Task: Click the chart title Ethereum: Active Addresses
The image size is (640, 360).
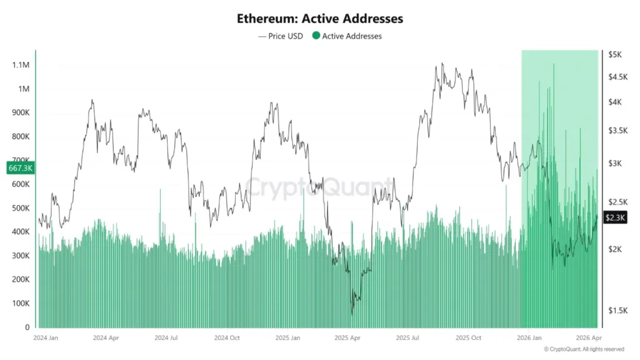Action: tap(319, 19)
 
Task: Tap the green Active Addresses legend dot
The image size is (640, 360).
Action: tap(316, 36)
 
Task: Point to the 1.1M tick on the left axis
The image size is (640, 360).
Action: tap(20, 65)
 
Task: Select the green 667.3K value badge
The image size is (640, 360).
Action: tap(20, 167)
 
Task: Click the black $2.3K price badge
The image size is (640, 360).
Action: tap(616, 217)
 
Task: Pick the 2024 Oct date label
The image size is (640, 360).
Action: tap(226, 337)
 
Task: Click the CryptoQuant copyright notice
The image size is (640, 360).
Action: tap(584, 349)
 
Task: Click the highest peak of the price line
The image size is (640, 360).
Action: tap(442, 63)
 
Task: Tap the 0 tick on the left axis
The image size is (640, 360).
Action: tap(27, 327)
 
